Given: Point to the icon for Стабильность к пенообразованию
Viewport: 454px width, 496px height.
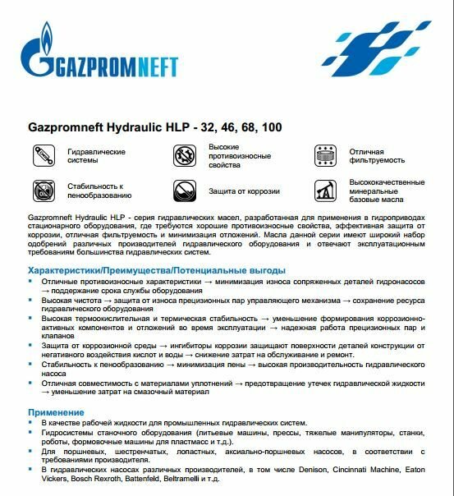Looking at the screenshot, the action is click(41, 191).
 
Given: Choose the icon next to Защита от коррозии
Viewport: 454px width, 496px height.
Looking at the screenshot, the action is click(185, 191).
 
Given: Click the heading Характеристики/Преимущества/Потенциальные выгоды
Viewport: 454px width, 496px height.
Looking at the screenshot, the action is click(156, 270).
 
